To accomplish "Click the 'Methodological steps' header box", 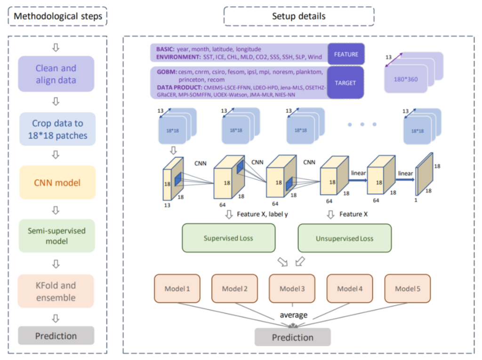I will [58, 17].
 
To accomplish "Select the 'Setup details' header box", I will [299, 16].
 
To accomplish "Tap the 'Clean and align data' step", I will [56, 74].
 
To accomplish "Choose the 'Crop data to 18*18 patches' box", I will [57, 129].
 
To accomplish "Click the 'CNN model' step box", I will [57, 183].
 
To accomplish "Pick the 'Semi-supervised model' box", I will [57, 235].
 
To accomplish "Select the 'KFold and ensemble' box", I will [56, 291].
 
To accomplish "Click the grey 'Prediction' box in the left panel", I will [56, 336].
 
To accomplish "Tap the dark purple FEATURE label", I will [346, 54].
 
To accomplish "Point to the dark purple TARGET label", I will [346, 83].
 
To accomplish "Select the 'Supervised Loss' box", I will [228, 238].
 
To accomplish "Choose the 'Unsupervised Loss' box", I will [345, 238].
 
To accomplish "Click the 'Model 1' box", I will [177, 288].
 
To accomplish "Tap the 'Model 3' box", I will [292, 288].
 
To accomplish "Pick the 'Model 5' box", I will [407, 288].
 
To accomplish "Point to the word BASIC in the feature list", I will [162, 49].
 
